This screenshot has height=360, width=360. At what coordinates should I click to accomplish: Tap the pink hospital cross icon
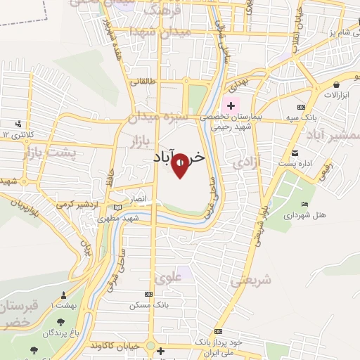[x=231, y=105]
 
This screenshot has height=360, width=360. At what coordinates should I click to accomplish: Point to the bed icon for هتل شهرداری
[x=304, y=204]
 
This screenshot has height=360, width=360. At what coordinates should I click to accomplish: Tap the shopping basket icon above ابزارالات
[x=327, y=82]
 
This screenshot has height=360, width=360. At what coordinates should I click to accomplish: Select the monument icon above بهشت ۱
[x=63, y=295]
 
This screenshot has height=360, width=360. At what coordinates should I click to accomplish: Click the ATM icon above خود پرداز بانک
[x=218, y=331]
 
